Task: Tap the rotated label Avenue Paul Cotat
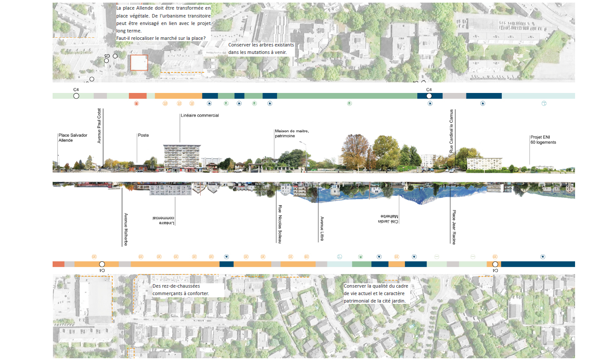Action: (99, 125)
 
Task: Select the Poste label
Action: (143, 135)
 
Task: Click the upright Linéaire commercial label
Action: (199, 116)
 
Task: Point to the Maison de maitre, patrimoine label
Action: (292, 133)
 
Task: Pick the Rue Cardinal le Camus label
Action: (451, 131)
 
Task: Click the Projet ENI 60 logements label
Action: (543, 139)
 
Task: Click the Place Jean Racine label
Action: (454, 227)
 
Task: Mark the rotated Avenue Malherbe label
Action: (125, 229)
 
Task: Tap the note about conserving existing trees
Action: (261, 49)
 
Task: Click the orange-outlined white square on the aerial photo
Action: (139, 63)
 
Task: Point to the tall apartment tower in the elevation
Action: (182, 156)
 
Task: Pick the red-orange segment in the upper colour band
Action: (137, 96)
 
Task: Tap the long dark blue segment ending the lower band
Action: (537, 264)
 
